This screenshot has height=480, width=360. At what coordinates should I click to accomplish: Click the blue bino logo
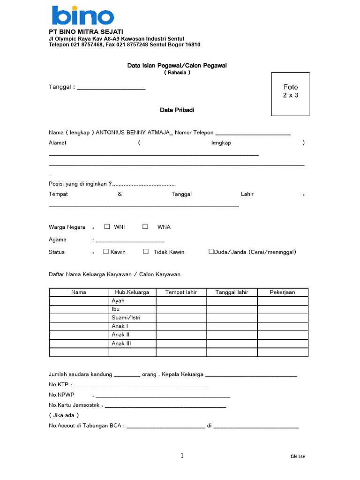coord(83,15)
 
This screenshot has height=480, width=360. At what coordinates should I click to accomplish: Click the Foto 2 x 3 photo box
coord(290,94)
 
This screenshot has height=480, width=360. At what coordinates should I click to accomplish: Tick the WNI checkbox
coord(107,227)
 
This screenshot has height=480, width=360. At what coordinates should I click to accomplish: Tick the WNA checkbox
coord(145,227)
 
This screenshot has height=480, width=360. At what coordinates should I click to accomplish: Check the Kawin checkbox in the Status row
coord(106,252)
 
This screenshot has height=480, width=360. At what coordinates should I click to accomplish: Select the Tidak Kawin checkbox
coord(146,252)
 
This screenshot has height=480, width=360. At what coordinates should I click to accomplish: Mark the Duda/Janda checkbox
coord(211,252)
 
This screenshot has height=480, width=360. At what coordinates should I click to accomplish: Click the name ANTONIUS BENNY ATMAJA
coord(134,133)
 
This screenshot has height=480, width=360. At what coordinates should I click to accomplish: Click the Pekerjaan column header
coord(282,292)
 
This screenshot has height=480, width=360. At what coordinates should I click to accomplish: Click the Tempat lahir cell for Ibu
coord(181,309)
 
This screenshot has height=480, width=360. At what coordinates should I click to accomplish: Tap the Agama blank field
coord(123,241)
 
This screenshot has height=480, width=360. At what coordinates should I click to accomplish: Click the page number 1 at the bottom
coord(182,456)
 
